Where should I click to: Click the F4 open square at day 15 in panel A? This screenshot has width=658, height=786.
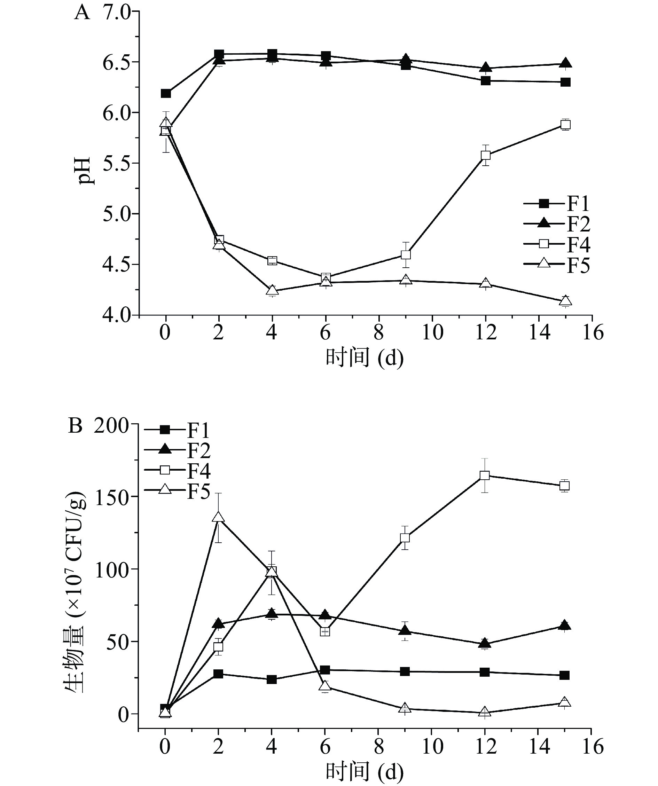point(565,125)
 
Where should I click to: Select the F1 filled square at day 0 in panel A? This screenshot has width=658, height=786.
point(166,93)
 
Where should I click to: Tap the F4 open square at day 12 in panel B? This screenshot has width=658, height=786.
point(485,476)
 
